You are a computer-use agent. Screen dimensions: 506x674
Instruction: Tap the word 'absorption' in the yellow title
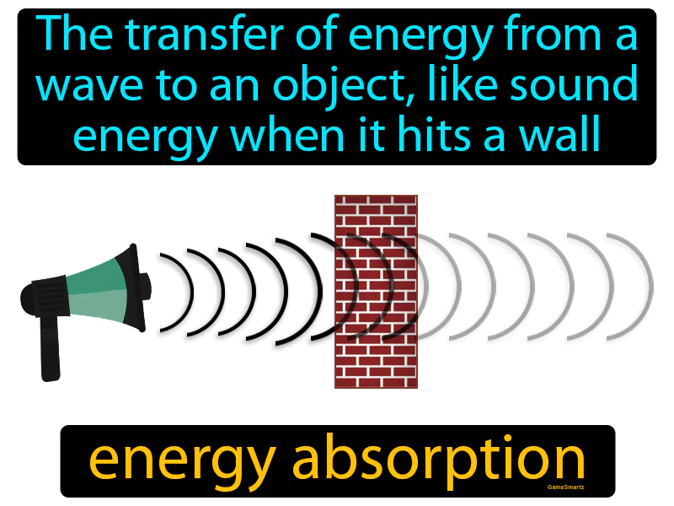click(x=441, y=460)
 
